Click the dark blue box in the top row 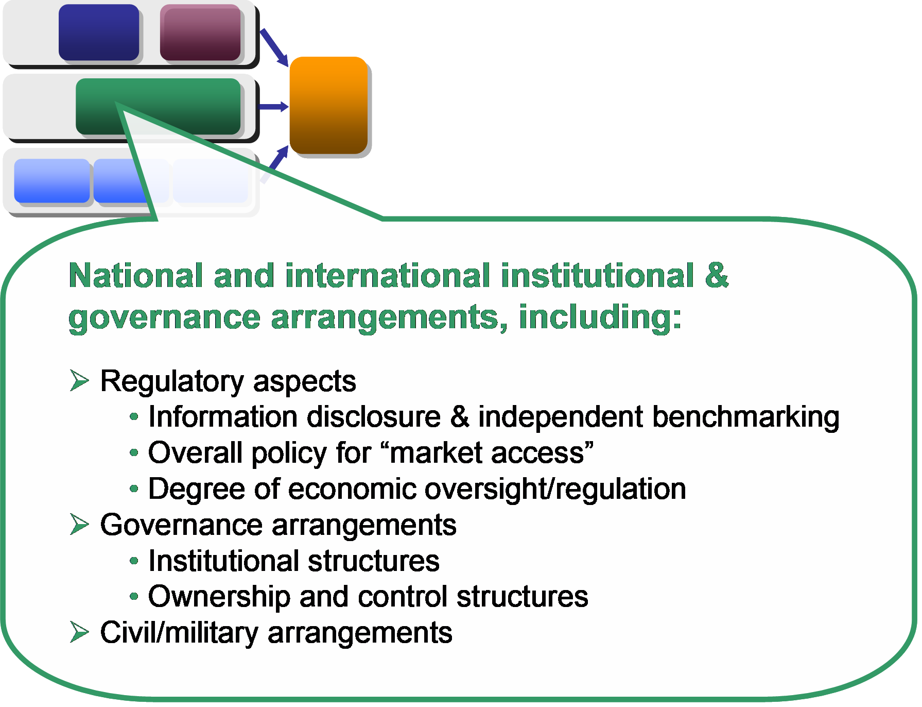99,32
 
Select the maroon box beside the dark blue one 200,32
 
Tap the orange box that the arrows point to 328,105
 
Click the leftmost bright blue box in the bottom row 52,180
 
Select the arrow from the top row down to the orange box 274,47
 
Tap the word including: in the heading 600,317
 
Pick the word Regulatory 172,382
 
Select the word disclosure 374,416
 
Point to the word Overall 195,452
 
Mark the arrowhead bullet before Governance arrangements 79,525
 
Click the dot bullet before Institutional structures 134,561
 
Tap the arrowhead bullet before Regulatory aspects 79,381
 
